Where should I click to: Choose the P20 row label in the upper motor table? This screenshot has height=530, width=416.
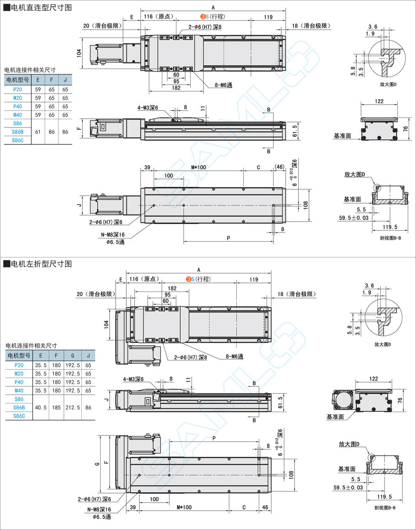coord(17,90)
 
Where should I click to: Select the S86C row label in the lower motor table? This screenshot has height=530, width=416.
coord(19,416)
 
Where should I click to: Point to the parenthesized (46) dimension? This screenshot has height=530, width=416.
coord(279,167)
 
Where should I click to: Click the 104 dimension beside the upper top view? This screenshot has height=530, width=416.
coord(79,53)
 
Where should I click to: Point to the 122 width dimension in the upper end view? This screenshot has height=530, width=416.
coord(379,101)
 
